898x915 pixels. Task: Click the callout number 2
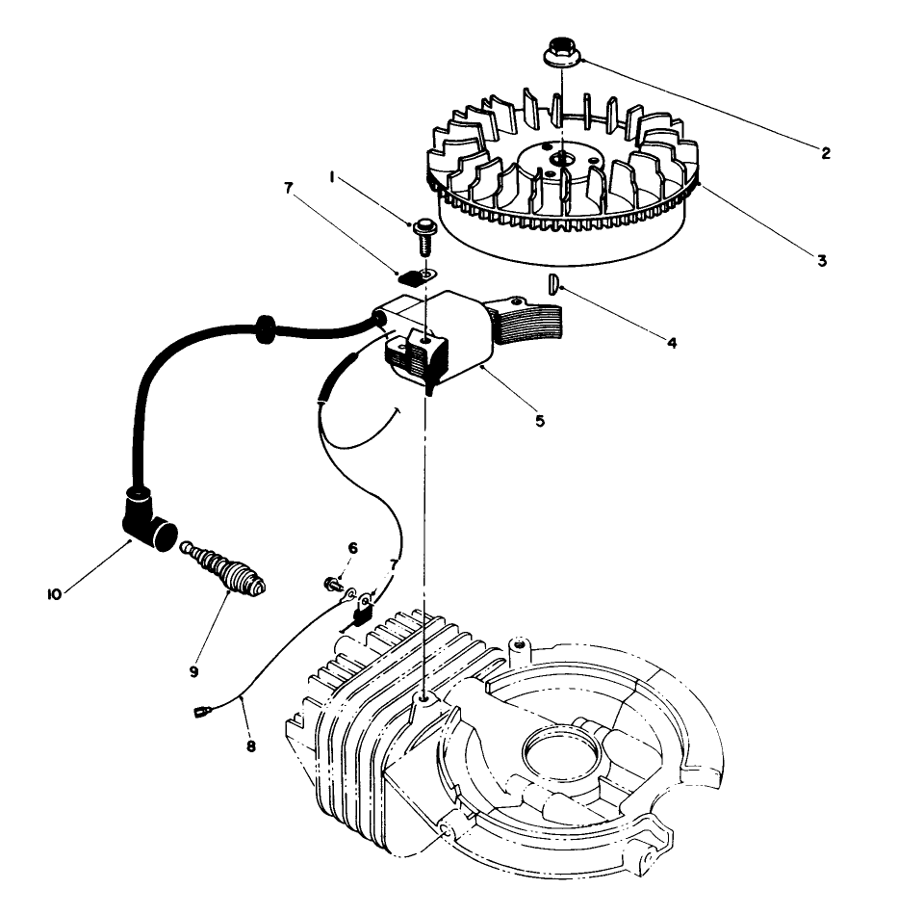pyautogui.click(x=825, y=152)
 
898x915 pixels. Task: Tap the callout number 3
pyautogui.click(x=821, y=260)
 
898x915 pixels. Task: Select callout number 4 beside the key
pyautogui.click(x=671, y=342)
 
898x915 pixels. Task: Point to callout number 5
pyautogui.click(x=540, y=421)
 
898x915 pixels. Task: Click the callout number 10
pyautogui.click(x=54, y=594)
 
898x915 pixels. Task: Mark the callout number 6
pyautogui.click(x=352, y=547)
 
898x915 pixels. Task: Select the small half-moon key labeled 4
pyautogui.click(x=552, y=284)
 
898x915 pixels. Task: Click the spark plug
pyautogui.click(x=225, y=570)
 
